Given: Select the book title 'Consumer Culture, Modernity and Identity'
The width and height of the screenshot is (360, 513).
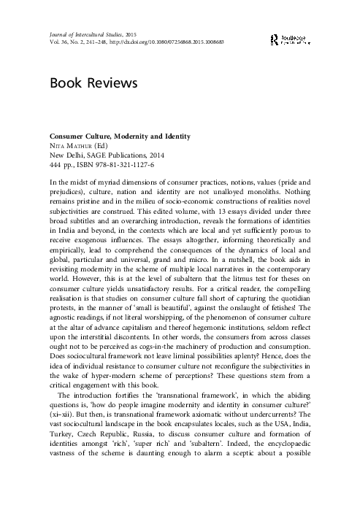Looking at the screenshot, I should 109,136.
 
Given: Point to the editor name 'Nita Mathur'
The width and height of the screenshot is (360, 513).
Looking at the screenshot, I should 72,146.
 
